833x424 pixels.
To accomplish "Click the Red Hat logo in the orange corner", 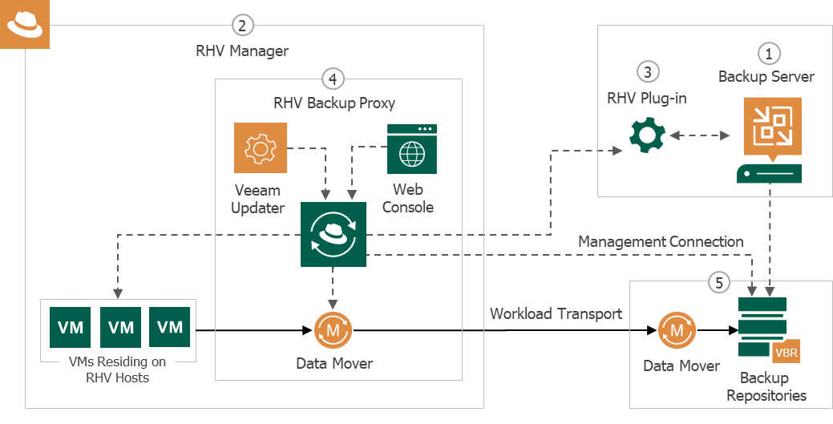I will (x=24, y=25).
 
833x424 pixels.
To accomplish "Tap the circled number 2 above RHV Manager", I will (x=242, y=25).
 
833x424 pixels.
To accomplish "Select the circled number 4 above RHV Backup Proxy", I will (x=333, y=79).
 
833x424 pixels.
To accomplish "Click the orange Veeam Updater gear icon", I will (x=260, y=148).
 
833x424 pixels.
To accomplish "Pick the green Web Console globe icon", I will (x=411, y=149).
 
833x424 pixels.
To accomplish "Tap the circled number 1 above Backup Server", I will (x=768, y=53).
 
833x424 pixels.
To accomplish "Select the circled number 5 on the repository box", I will (x=719, y=282).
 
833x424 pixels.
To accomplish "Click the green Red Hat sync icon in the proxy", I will (x=333, y=235).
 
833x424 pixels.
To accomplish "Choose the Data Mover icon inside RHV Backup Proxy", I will (x=333, y=329).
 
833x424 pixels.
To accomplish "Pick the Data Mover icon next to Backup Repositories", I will (x=677, y=329).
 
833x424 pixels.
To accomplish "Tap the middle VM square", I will (x=121, y=327).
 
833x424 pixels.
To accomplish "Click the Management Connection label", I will (x=661, y=242).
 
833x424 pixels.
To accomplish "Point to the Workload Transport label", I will (x=556, y=313).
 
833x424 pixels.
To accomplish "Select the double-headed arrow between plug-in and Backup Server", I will (x=694, y=136).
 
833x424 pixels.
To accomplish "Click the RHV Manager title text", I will (x=242, y=50).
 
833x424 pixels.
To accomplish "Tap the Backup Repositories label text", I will (x=764, y=386).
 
